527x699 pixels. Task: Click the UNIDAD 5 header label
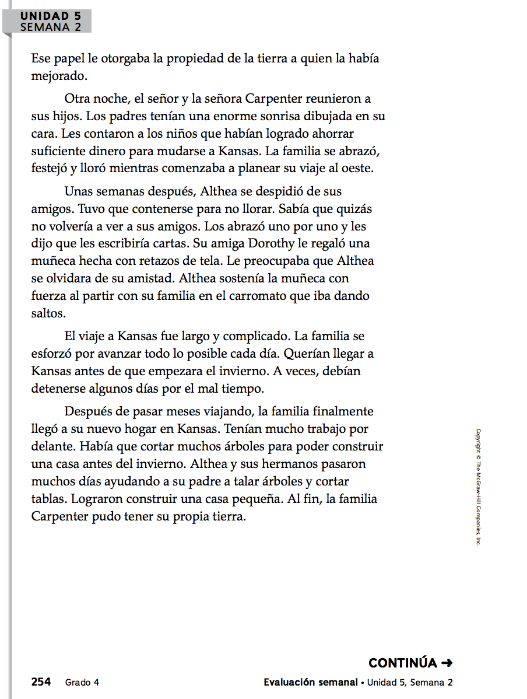tap(51, 16)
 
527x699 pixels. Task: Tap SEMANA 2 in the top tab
tap(51, 27)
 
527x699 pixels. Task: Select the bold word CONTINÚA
tap(403, 663)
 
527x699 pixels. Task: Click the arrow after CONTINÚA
tap(447, 663)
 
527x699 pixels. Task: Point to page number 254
tap(41, 682)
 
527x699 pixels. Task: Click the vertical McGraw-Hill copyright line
tap(478, 487)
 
